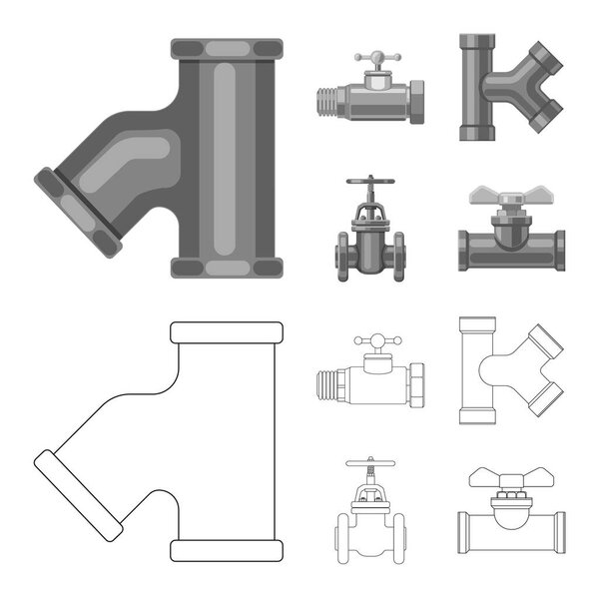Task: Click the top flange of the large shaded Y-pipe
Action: (x=226, y=47)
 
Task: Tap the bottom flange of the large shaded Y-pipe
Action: (x=226, y=267)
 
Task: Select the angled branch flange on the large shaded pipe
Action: (x=77, y=213)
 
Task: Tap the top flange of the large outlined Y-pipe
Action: (x=226, y=331)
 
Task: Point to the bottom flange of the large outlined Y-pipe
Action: (x=226, y=550)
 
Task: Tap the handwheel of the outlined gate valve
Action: (x=370, y=463)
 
